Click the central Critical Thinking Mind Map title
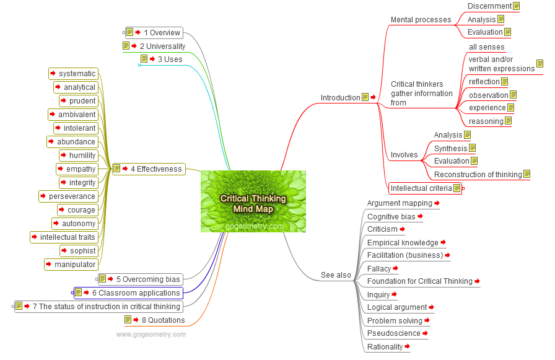coord(253,203)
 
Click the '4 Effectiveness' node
coord(156,169)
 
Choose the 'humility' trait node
coord(82,156)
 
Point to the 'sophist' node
coord(83,251)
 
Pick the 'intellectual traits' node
coord(68,237)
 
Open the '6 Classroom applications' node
coord(136,293)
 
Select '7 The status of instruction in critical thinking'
coord(107,306)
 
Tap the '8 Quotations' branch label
coord(164,320)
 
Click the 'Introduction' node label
coord(340,98)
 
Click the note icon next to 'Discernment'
coord(516,6)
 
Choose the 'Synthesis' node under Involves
coord(450,148)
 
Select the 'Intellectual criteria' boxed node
coord(421,188)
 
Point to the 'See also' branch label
coord(336,275)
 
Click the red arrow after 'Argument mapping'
coord(437,203)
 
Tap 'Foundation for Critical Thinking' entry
coord(419,281)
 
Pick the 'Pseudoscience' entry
coord(393,333)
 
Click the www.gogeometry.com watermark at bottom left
coord(151,335)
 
